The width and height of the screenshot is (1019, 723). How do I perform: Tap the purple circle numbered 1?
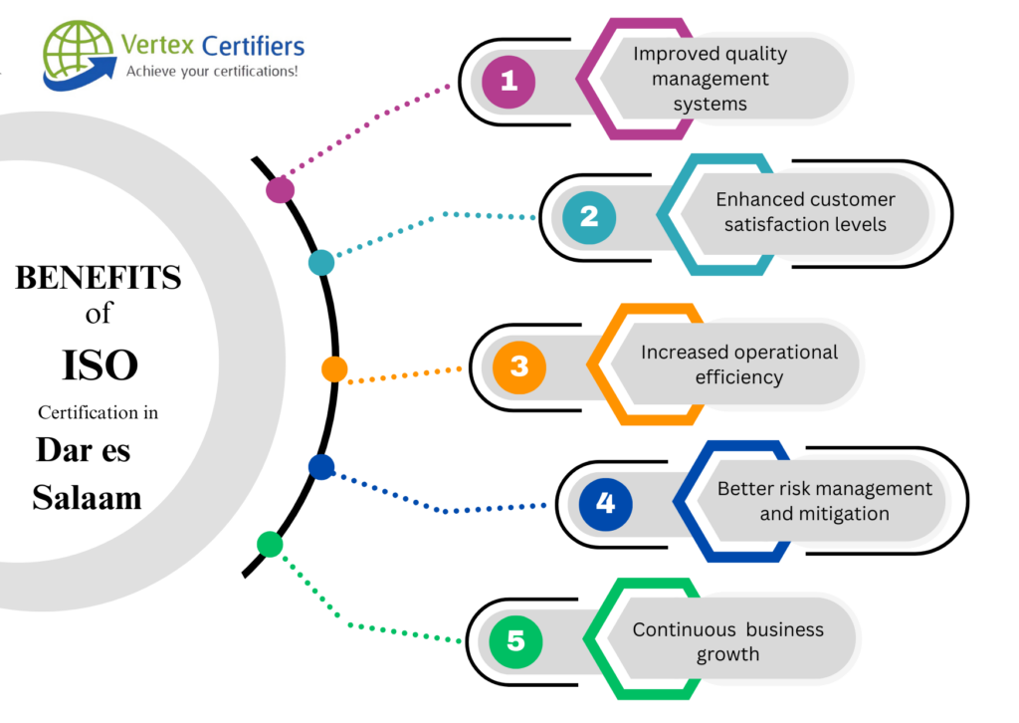[509, 80]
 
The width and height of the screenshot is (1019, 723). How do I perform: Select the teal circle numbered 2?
[589, 216]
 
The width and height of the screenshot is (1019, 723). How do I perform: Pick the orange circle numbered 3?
[519, 366]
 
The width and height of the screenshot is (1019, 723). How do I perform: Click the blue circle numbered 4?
[605, 503]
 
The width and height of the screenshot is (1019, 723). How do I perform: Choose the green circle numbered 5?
[515, 640]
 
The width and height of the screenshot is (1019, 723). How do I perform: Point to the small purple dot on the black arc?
[281, 189]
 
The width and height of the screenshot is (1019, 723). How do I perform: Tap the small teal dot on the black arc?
[321, 262]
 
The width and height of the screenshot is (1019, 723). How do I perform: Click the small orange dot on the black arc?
[334, 369]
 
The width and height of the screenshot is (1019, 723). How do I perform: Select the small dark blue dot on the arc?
[320, 466]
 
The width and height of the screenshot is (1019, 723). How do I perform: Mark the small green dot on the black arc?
[270, 544]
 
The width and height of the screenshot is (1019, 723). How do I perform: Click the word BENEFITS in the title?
[99, 279]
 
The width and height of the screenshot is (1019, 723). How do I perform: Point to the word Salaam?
[87, 497]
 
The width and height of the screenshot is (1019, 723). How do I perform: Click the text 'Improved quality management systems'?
[710, 78]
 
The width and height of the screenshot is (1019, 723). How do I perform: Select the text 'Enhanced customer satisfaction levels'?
[805, 211]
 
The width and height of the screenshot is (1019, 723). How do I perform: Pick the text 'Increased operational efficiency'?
[738, 364]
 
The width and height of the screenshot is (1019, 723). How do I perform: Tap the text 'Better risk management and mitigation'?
[825, 501]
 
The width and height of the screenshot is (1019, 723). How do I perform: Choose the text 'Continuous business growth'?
[727, 641]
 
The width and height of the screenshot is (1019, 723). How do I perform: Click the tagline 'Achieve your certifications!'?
[212, 71]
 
